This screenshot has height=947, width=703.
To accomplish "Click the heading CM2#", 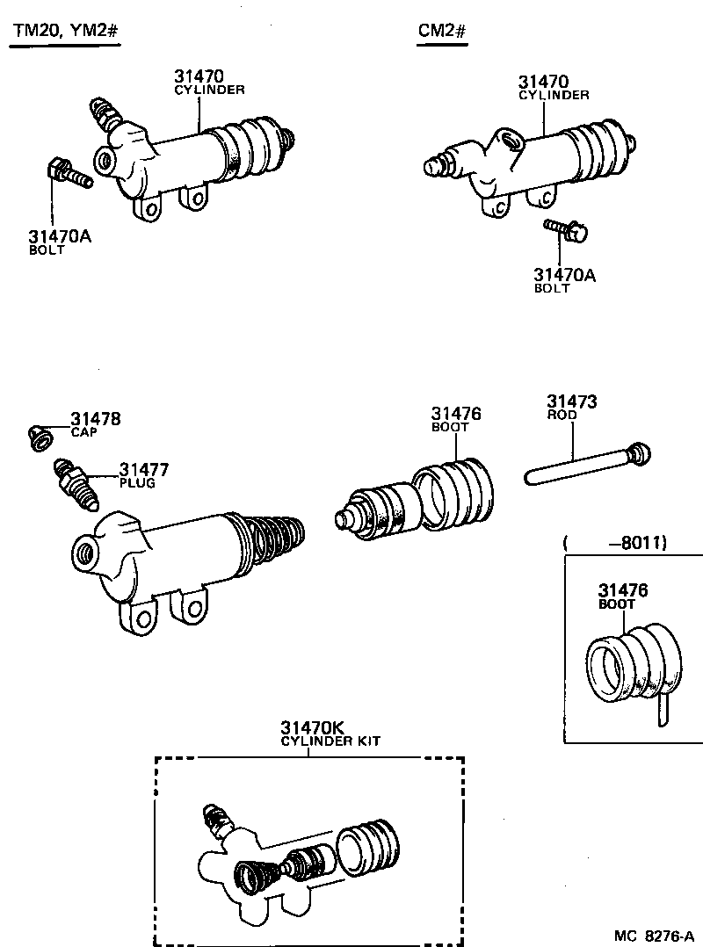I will point(441,33).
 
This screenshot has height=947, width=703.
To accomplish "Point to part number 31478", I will point(96,420).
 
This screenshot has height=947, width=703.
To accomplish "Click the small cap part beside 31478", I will point(40,437).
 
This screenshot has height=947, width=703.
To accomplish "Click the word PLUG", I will point(137,483).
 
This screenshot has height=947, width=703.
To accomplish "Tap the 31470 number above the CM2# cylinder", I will point(542,82).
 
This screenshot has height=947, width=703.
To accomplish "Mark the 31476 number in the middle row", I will point(456,414).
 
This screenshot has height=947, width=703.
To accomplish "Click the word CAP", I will point(83,432).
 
